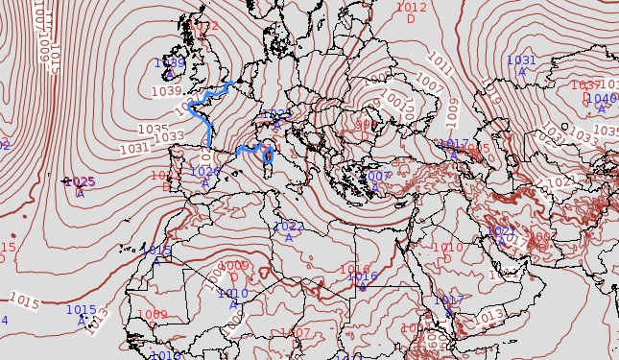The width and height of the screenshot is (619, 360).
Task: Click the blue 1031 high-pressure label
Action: pyautogui.click(x=521, y=60)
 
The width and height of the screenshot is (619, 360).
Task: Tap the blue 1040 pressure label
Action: pyautogui.click(x=602, y=98)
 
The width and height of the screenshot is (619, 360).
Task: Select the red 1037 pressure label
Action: pyautogui.click(x=585, y=85)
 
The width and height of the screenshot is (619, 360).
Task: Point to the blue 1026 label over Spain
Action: pyautogui.click(x=204, y=172)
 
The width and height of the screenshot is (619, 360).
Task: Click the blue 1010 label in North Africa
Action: pyautogui.click(x=233, y=293)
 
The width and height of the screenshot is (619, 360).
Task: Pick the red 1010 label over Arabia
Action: pyautogui.click(x=447, y=247)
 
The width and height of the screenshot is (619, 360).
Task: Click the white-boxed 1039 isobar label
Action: pyautogui.click(x=166, y=91)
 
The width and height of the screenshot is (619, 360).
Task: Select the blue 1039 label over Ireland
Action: pyautogui.click(x=170, y=63)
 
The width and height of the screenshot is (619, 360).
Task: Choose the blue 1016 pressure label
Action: pyautogui.click(x=363, y=276)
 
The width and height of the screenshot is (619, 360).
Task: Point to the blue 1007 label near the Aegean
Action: pyautogui.click(x=378, y=177)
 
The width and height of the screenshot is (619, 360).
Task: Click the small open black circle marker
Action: pyautogui.click(x=563, y=126)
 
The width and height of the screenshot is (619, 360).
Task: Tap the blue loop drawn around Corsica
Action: pyautogui.click(x=269, y=155)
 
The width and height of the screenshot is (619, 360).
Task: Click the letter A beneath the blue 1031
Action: pyautogui.click(x=522, y=71)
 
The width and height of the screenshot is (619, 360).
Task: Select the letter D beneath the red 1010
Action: pyautogui.click(x=447, y=258)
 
